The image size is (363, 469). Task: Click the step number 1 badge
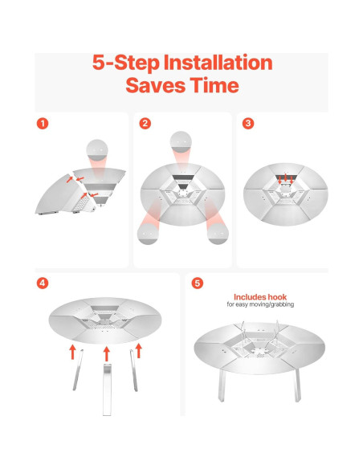[x=43, y=123]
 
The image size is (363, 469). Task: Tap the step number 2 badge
[x=145, y=123]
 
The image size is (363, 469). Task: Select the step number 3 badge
[x=248, y=123]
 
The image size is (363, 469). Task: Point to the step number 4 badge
[x=43, y=283]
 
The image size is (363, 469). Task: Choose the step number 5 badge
[x=197, y=283]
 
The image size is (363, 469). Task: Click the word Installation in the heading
[x=218, y=63]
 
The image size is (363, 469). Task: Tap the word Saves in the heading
[x=156, y=85]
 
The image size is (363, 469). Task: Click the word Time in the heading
[x=214, y=85]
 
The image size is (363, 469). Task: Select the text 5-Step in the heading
[x=126, y=63]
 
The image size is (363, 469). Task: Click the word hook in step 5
[x=277, y=297]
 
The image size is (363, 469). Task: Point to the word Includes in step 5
[x=250, y=297]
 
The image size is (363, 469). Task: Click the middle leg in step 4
[x=107, y=389]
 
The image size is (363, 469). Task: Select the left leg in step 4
[x=78, y=369]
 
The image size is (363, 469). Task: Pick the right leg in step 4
[x=133, y=370]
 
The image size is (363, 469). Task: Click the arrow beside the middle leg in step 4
[x=107, y=354]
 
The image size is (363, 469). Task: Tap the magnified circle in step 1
[x=97, y=150]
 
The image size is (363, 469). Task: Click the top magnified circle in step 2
[x=181, y=142]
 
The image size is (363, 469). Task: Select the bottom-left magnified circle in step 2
[x=148, y=234]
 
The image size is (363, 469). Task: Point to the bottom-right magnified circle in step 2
[x=218, y=234]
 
